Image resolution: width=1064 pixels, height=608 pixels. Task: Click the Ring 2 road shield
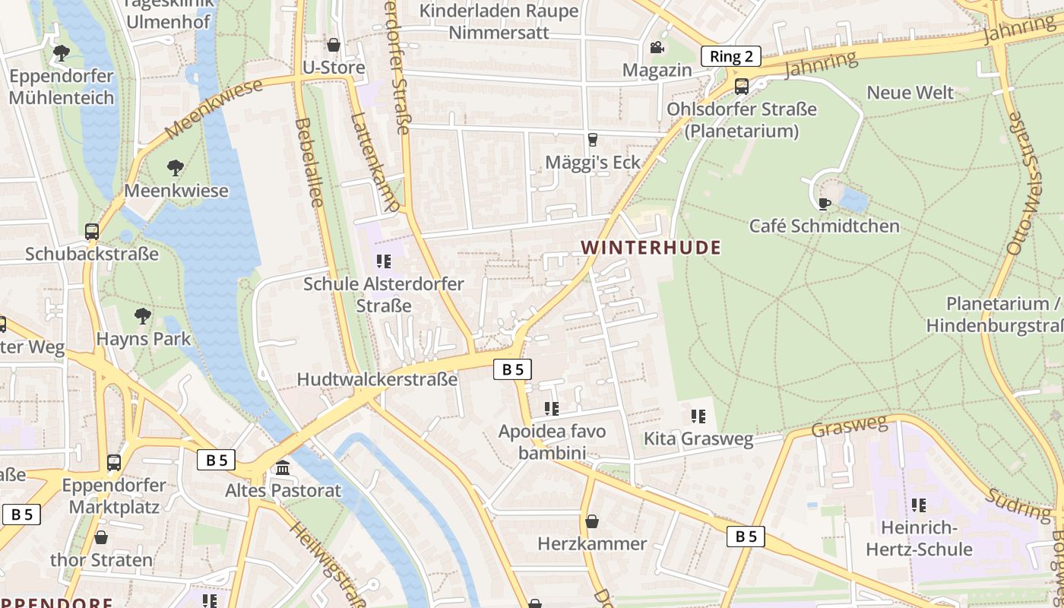[730, 56]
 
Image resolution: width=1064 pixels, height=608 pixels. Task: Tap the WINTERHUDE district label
[651, 248]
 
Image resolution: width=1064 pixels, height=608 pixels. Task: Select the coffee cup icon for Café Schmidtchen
[824, 204]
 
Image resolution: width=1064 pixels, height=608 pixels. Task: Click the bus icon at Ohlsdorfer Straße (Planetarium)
[742, 87]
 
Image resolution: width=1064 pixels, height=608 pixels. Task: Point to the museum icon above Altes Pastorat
[283, 467]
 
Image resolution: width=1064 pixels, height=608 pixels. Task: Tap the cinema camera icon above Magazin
[657, 48]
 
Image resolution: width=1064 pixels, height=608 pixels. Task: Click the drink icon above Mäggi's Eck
[593, 140]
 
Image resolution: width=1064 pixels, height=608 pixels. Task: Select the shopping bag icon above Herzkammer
[592, 521]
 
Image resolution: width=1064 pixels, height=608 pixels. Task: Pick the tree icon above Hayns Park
[142, 315]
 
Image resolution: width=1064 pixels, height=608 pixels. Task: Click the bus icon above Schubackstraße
[92, 231]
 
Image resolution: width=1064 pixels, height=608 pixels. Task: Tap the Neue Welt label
[910, 93]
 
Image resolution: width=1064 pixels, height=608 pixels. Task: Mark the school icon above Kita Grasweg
[698, 416]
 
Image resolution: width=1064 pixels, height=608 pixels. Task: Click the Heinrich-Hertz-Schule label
[919, 538]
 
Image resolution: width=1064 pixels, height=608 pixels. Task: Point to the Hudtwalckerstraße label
[377, 379]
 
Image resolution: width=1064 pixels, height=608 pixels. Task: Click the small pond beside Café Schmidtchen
[853, 201]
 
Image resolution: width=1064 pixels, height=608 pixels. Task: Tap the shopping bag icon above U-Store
[333, 45]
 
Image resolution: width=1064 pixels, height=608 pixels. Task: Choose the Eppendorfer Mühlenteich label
[62, 87]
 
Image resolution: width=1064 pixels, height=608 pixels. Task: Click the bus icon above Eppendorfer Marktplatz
[114, 462]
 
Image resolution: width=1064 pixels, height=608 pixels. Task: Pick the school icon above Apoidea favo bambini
[552, 409]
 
